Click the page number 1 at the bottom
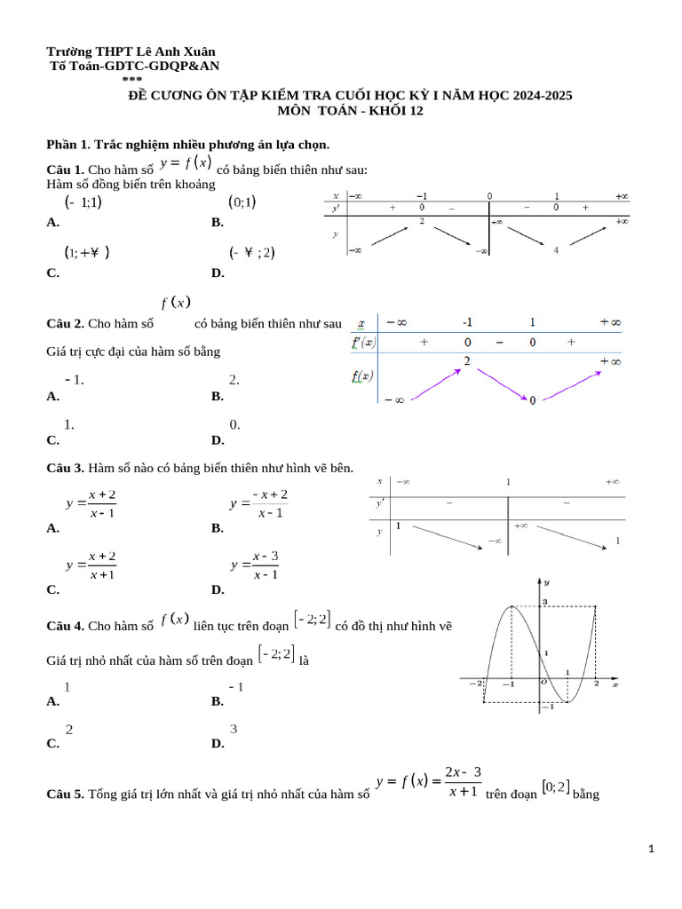(x=651, y=850)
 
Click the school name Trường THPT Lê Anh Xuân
(x=131, y=52)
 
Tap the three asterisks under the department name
(x=131, y=79)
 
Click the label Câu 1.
(x=65, y=170)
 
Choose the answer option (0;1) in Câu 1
(x=242, y=202)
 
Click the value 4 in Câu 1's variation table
(x=556, y=250)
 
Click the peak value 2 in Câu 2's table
(x=465, y=360)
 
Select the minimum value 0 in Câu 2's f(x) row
(x=532, y=400)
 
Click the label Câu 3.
(x=65, y=467)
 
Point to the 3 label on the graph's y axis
(x=546, y=603)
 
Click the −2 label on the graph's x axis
(x=475, y=683)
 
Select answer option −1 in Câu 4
(x=236, y=687)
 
